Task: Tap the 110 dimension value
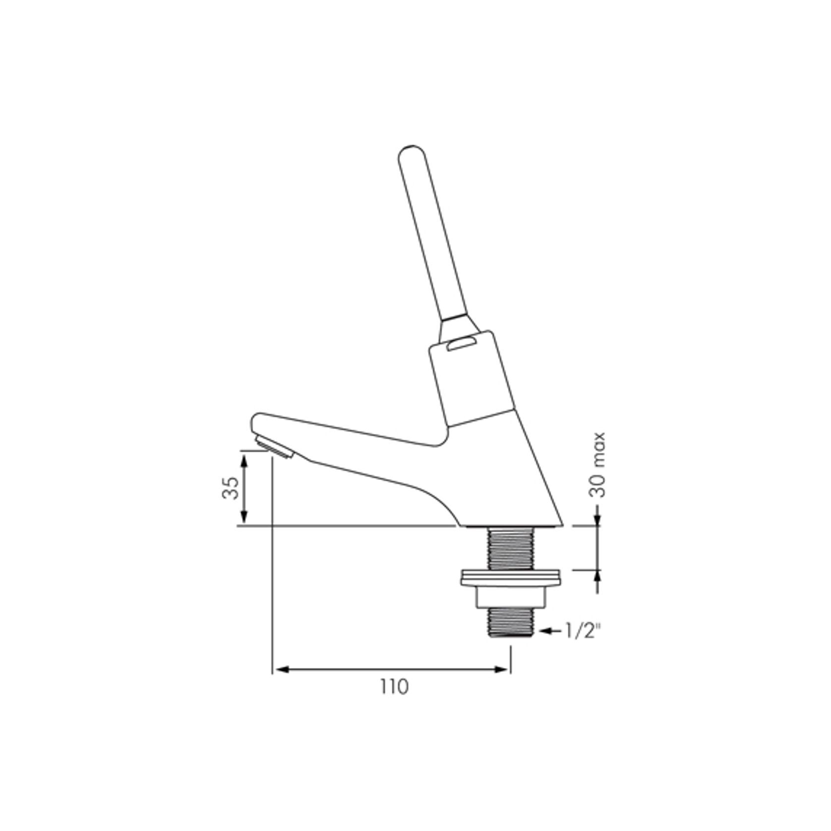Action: pyautogui.click(x=395, y=687)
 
